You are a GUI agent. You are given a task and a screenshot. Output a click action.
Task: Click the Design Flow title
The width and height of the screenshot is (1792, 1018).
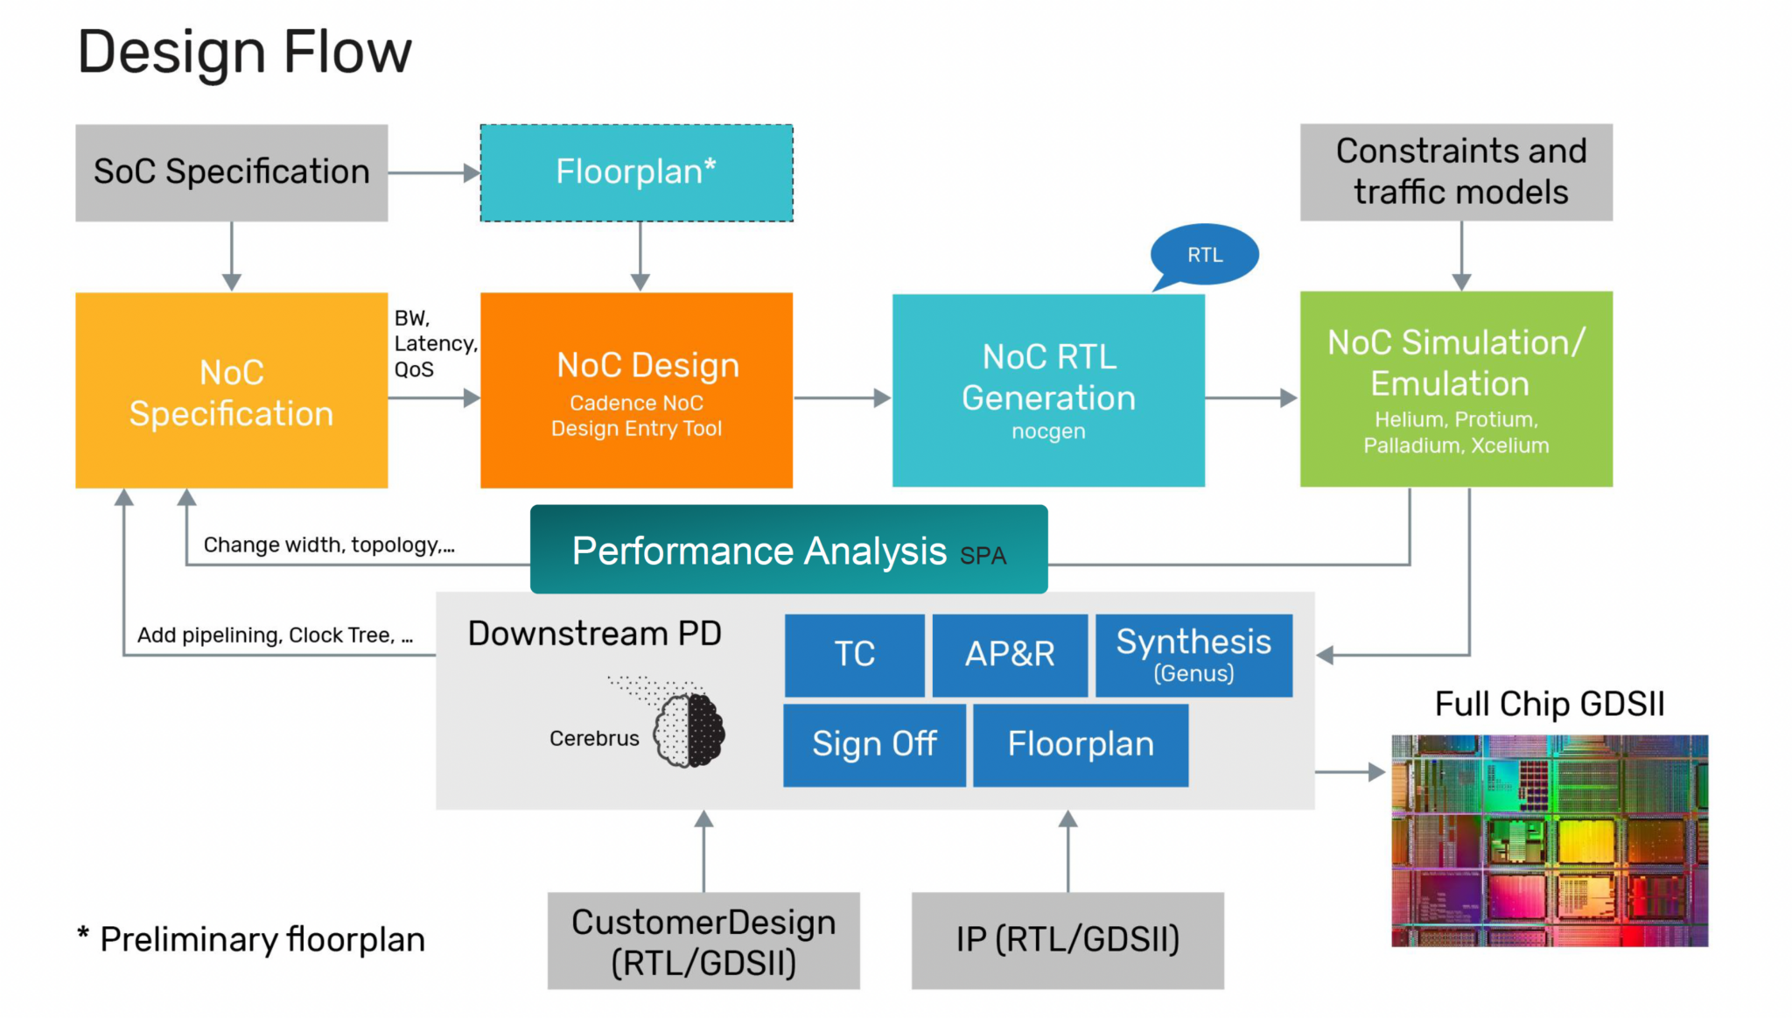244,53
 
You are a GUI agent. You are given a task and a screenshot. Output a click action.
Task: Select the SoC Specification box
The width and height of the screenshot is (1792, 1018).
231,172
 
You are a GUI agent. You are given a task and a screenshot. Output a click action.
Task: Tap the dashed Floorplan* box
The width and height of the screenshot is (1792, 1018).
636,172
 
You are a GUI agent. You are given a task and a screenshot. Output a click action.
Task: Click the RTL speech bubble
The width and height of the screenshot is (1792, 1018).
1205,255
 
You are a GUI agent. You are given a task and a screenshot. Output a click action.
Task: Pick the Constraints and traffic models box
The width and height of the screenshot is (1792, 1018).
1456,172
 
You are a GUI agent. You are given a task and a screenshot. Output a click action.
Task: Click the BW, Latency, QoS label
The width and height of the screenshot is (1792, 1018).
434,343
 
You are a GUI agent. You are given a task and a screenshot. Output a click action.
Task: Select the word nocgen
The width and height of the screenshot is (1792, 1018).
1048,432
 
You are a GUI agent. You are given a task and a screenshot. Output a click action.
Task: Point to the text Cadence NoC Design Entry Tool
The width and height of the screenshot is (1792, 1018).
636,416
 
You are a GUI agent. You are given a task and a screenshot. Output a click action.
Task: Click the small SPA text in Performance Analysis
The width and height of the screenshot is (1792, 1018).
983,556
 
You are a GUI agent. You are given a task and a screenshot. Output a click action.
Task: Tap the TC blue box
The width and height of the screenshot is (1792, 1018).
854,655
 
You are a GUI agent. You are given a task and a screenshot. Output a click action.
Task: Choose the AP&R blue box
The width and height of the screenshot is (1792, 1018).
1010,655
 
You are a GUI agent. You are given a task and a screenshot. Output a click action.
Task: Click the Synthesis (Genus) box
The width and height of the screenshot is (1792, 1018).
1193,655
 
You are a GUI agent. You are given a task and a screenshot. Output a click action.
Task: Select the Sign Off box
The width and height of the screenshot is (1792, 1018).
874,745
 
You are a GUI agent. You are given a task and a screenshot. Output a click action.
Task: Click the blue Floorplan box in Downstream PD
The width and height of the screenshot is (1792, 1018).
1081,745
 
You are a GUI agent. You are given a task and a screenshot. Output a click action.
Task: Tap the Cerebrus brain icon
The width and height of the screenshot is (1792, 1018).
689,730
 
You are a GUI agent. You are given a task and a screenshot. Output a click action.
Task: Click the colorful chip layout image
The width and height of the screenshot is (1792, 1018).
1549,840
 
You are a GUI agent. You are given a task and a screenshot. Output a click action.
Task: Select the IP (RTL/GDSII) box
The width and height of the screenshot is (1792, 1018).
1067,940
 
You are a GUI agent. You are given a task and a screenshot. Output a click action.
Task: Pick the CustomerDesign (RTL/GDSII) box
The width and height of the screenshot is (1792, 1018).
703,941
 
